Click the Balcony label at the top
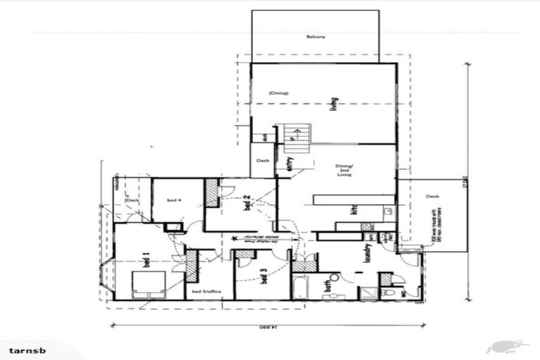[316, 37]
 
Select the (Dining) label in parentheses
[279, 93]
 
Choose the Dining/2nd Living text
[344, 169]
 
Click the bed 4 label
[174, 200]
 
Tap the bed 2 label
[247, 204]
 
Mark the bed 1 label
[147, 258]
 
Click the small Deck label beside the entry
[262, 161]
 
